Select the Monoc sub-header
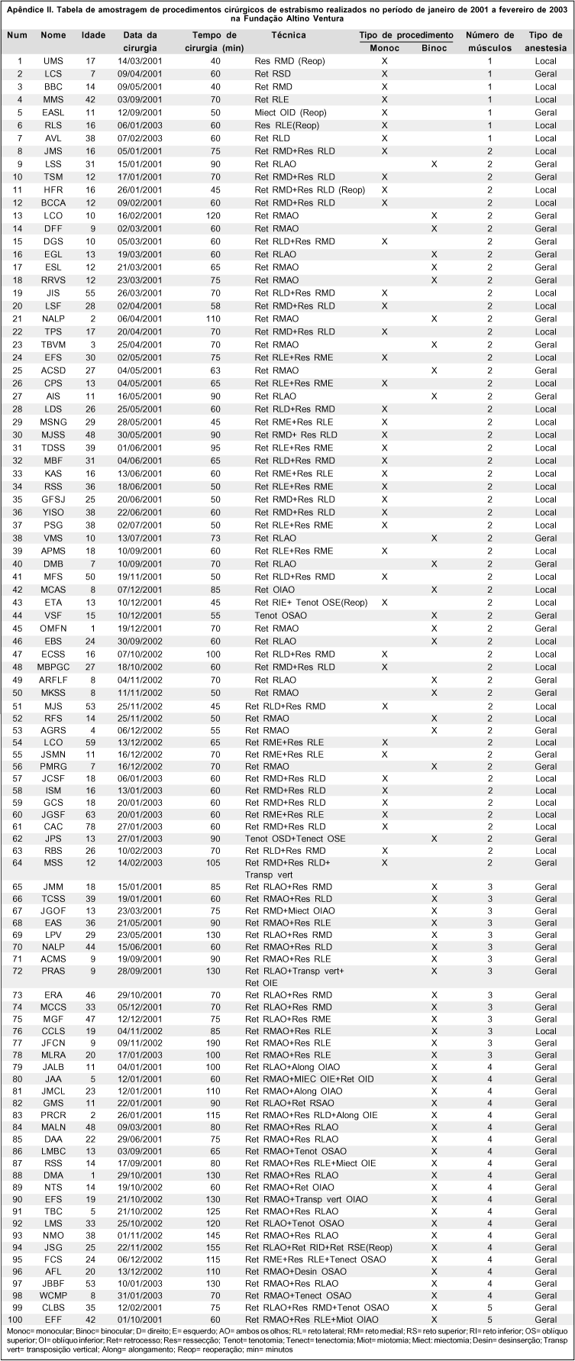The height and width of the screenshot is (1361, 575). coord(384,47)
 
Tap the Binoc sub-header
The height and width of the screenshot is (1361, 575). coord(434,47)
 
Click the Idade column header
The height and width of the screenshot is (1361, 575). coord(94,36)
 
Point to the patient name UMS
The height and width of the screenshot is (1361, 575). coord(53,61)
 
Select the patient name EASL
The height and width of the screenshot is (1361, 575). coord(53,112)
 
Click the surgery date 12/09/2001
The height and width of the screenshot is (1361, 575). coord(140,112)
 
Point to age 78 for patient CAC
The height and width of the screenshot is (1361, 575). coord(91,826)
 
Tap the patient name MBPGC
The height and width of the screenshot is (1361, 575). coord(53,667)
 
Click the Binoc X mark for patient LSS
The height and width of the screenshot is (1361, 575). coord(434,164)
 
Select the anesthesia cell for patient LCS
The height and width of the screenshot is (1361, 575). coord(545,74)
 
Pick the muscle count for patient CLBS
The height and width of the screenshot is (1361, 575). coord(489,1308)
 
